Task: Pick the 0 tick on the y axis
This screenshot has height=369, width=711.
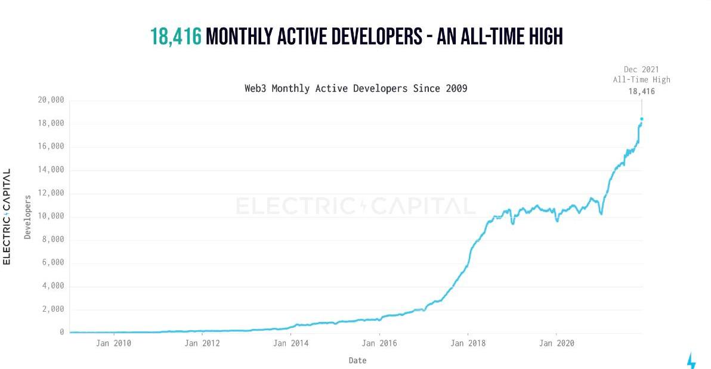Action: (61, 332)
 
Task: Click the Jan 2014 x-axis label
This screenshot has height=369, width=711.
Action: (290, 343)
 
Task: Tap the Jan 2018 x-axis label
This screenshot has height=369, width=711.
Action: (468, 343)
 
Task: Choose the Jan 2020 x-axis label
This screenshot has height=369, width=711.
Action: (556, 343)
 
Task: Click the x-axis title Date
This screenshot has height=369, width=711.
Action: (357, 361)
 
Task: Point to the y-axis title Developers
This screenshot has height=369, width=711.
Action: (27, 216)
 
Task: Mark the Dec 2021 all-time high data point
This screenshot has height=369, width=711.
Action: (642, 119)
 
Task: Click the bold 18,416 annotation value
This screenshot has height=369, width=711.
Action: (641, 91)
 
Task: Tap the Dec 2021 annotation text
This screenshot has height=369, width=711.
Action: (641, 70)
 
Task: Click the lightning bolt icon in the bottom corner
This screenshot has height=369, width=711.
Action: (691, 361)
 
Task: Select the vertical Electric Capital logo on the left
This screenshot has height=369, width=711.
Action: (7, 216)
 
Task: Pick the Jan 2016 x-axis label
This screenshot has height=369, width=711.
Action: (379, 343)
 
